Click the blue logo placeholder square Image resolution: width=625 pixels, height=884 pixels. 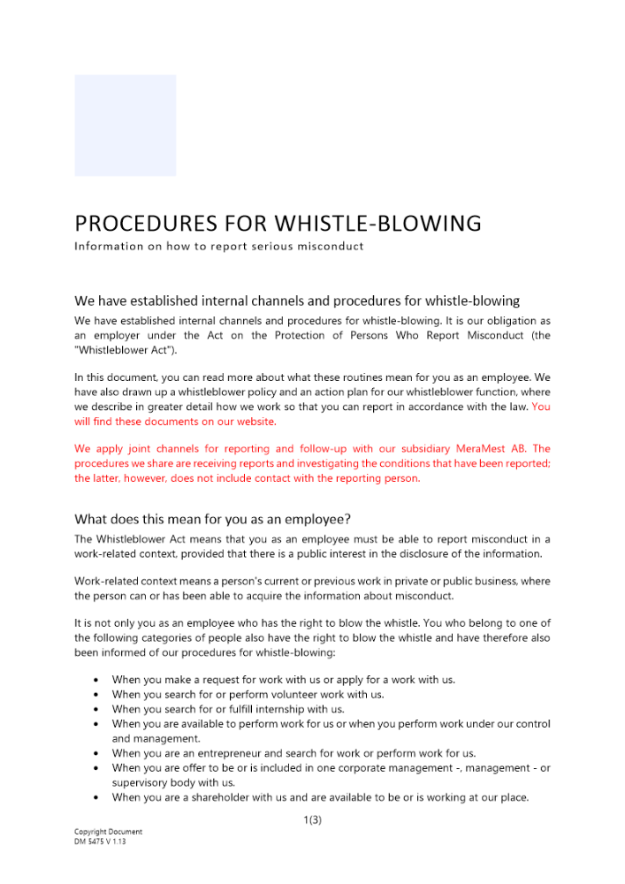125,126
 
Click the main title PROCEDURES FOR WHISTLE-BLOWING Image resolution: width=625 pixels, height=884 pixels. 278,223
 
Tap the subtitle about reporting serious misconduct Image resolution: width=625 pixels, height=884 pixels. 218,246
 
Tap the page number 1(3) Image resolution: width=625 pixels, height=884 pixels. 312,819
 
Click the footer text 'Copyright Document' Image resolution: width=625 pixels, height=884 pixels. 108,832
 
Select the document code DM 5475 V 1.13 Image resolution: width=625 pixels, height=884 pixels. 100,842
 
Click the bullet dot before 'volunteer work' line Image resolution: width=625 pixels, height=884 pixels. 95,695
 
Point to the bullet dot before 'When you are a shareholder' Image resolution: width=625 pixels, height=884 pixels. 95,798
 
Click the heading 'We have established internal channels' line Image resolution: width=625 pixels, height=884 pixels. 296,301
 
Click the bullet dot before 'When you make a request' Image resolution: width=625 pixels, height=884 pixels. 95,680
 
